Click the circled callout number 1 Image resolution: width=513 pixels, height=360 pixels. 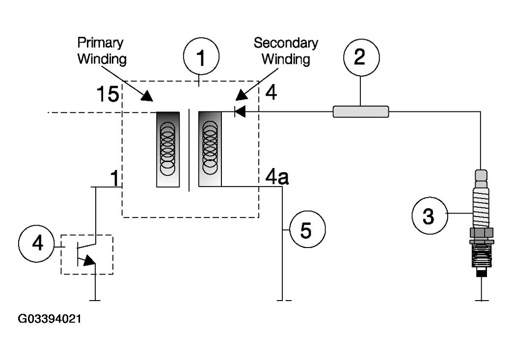pos(201,56)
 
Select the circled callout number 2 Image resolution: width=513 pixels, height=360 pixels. pos(361,57)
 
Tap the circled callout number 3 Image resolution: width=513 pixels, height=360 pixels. pos(430,216)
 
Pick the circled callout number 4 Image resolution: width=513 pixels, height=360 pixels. pos(37,244)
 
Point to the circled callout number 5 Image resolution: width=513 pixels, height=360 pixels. pos(307,229)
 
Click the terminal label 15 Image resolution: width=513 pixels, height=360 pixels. pos(108,94)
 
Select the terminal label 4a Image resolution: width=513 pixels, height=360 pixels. pos(277,177)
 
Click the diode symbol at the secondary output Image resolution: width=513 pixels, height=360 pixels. pos(240,111)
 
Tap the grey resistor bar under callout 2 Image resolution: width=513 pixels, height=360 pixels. pos(361,111)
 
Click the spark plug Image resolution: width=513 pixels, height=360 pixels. pos(481,223)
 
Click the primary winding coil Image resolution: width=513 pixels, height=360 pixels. pos(168,149)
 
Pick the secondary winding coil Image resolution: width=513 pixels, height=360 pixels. pos(210,149)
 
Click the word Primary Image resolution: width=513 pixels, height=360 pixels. pos(101,43)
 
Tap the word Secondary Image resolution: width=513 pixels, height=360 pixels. pos(286,43)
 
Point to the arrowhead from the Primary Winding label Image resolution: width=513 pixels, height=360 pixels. pos(147,96)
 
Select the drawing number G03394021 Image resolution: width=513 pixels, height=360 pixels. pos(50,319)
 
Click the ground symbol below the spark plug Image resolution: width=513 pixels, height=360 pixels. pos(481,300)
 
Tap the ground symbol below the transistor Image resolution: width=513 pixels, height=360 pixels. pos(95,300)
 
